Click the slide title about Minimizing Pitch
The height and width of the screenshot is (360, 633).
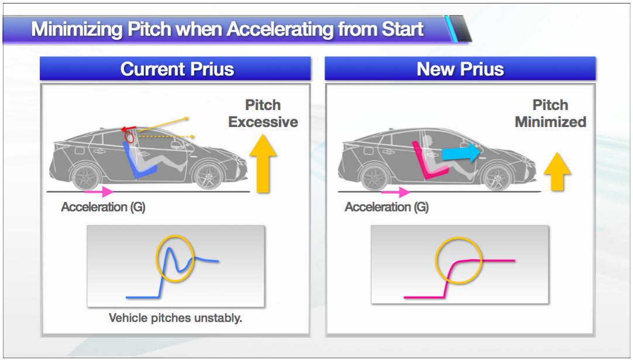(x=227, y=29)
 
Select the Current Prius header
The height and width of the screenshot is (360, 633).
(x=177, y=69)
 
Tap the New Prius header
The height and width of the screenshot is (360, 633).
(x=460, y=69)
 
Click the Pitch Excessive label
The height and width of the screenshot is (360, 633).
(x=263, y=114)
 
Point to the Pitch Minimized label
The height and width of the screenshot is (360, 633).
(x=551, y=114)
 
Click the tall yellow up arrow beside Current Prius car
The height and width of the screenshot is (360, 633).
(x=263, y=163)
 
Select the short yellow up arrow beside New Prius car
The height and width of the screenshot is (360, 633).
(x=557, y=172)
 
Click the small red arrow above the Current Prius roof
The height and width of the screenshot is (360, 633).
(x=128, y=129)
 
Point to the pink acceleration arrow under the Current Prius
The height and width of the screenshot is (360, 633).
(x=99, y=191)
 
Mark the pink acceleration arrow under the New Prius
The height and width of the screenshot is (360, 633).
(x=395, y=192)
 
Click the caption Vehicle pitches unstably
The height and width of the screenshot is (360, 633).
(x=176, y=318)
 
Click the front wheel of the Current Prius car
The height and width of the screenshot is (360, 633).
(x=209, y=176)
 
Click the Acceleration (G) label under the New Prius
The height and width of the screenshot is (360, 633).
(x=386, y=207)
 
